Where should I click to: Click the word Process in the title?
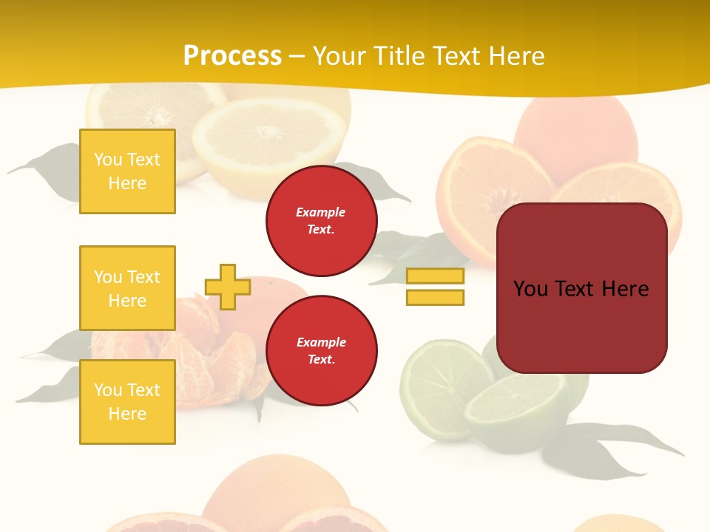tap(232, 56)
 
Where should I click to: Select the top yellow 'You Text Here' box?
tap(127, 171)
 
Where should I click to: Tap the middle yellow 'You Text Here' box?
tap(127, 288)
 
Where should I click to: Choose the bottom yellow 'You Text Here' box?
tap(127, 402)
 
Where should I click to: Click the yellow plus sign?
tap(228, 287)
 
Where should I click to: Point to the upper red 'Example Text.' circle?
tap(321, 220)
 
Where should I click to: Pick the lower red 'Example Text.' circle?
tap(321, 350)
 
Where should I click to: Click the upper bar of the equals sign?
tap(435, 276)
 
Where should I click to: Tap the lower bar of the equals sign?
tap(435, 297)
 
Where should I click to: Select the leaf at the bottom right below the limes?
tap(614, 451)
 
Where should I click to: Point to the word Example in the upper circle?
tap(321, 212)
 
